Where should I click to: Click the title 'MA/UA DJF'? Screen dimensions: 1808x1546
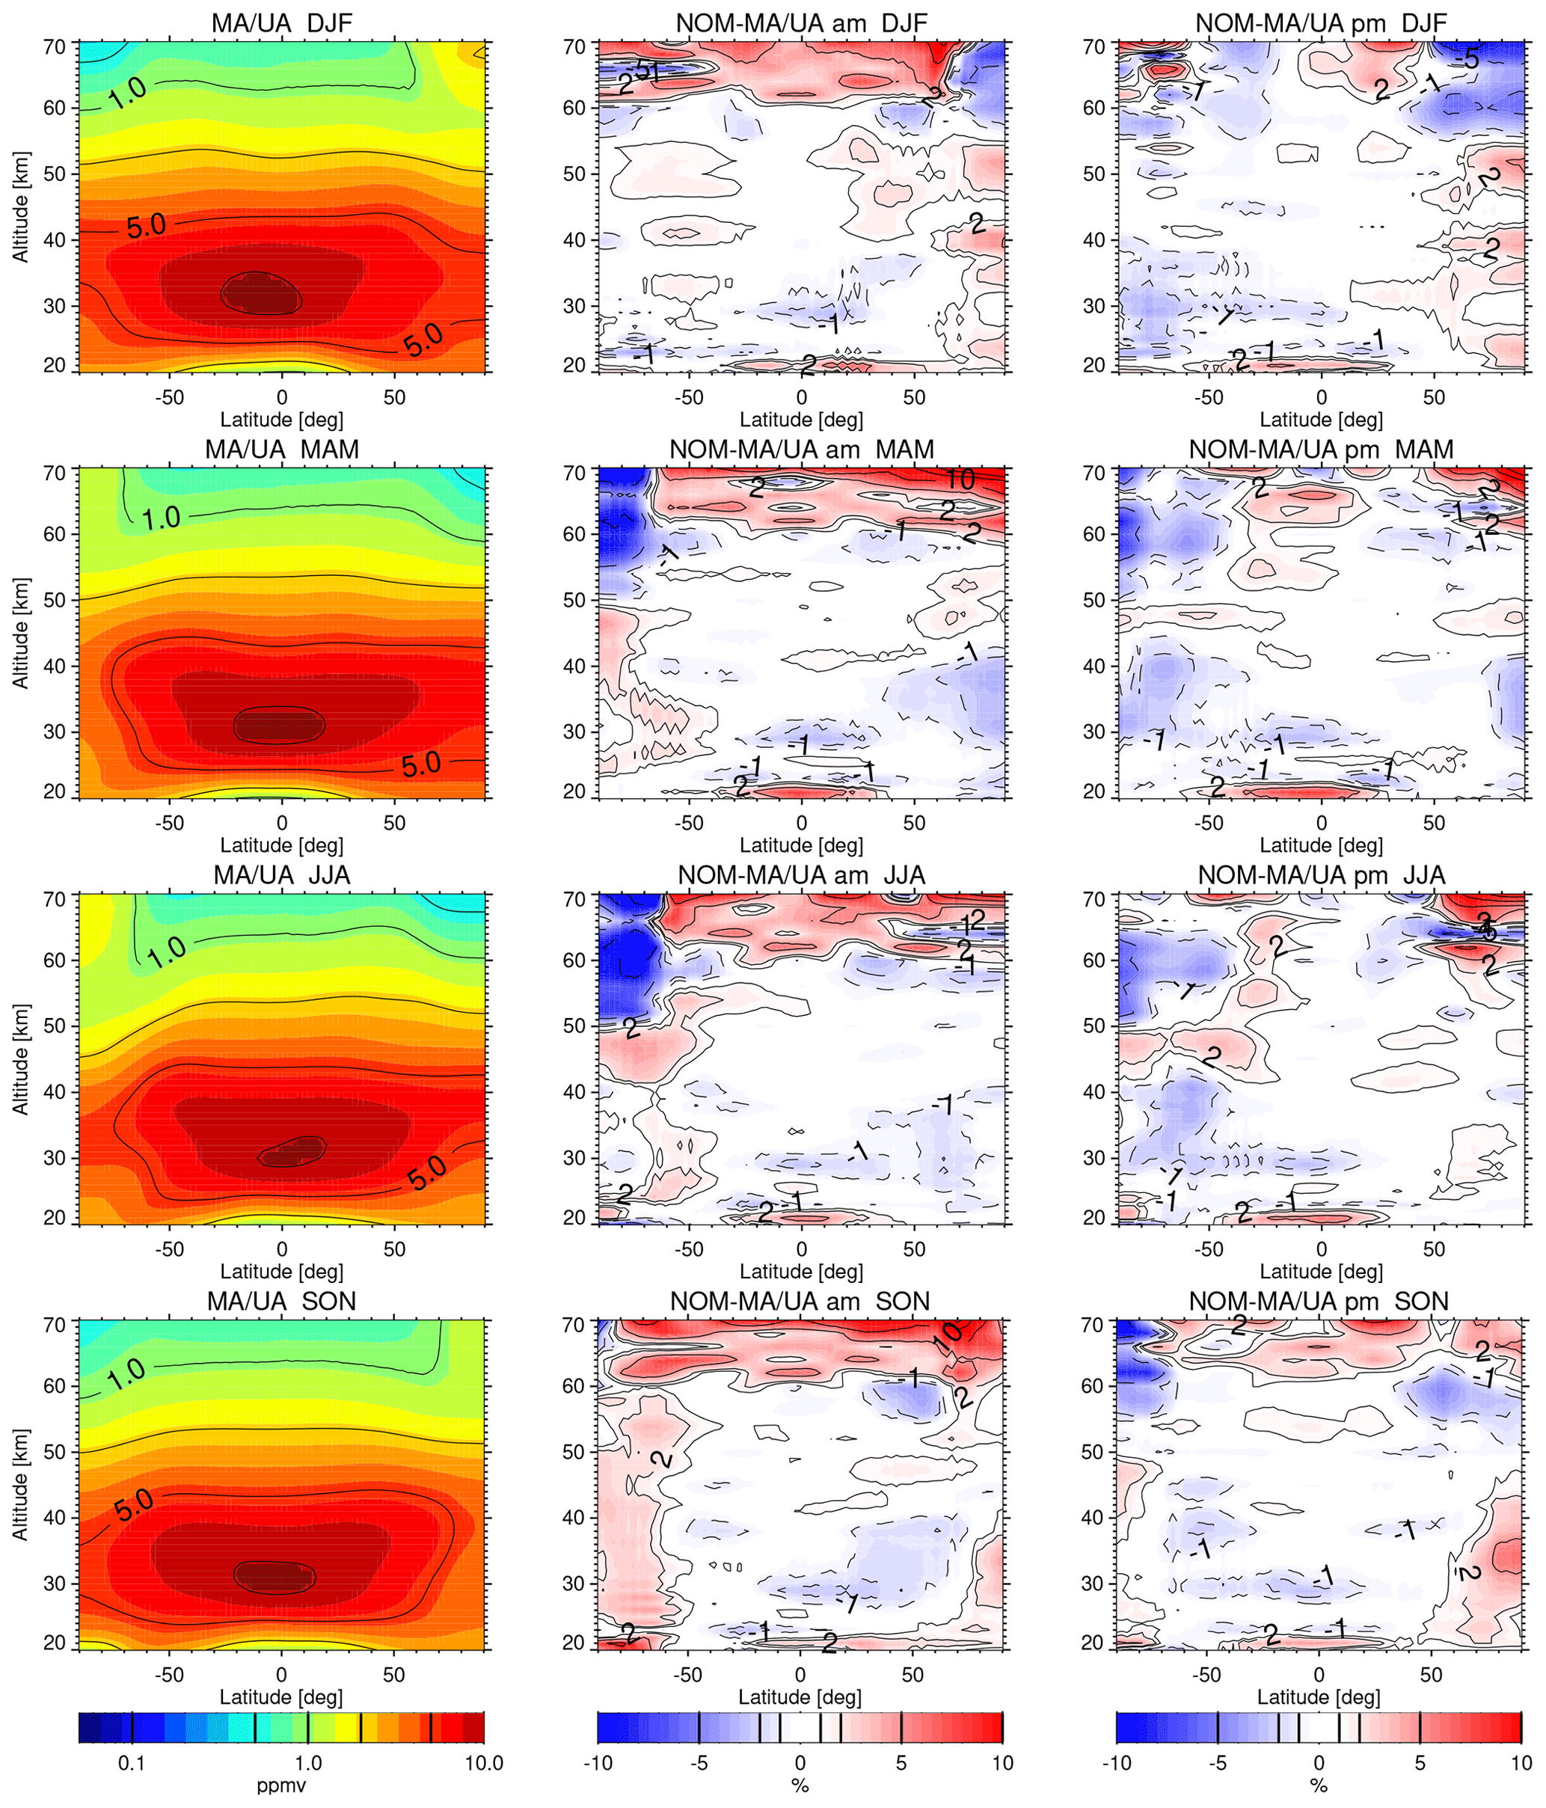pos(281,22)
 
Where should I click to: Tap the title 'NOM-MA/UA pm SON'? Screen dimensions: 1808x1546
pos(1319,1301)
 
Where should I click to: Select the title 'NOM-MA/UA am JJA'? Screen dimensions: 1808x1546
pos(801,875)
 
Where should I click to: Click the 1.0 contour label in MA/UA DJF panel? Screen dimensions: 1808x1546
pos(127,94)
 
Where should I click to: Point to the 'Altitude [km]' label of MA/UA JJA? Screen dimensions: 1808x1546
pos(21,1058)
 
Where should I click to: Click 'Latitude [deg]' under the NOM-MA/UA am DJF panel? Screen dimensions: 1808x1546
pos(801,420)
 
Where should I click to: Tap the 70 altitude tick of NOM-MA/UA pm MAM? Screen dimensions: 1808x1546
pos(1094,473)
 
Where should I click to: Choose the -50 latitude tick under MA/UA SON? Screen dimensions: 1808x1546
pos(169,1675)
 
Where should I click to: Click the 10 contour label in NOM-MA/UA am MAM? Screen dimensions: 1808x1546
pos(960,478)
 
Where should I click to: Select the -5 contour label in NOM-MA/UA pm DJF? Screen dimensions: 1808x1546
pos(1470,59)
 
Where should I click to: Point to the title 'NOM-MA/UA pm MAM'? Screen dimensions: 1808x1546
pos(1321,450)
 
